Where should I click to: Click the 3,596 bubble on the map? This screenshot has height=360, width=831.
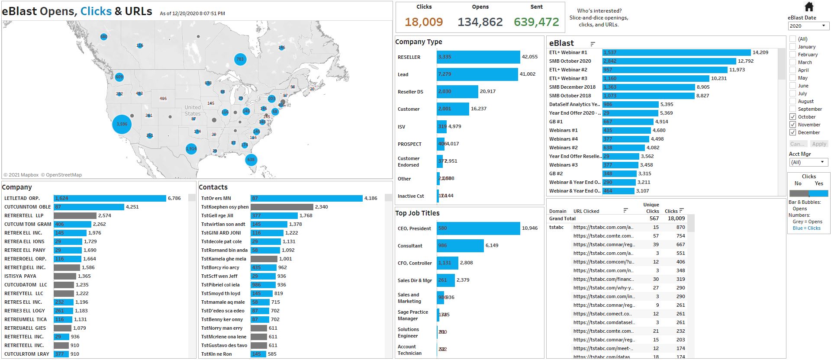click(x=122, y=124)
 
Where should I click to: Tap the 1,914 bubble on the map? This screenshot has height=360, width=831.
click(x=191, y=149)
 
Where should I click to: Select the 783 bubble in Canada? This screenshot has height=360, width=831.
click(x=240, y=59)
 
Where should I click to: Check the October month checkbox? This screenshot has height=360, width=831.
click(x=792, y=117)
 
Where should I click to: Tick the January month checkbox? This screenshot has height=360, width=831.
click(x=792, y=47)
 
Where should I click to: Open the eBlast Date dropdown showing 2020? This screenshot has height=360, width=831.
click(x=808, y=26)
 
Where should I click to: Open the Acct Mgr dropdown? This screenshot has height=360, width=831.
click(x=808, y=162)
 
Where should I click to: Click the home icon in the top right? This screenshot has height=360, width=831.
click(x=809, y=7)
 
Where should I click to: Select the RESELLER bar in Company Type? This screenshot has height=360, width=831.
click(x=478, y=57)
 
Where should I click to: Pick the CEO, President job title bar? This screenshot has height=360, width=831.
click(x=478, y=228)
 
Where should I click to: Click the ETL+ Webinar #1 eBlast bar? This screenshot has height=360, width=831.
click(x=676, y=52)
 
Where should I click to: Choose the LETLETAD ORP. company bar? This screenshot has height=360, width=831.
click(x=110, y=198)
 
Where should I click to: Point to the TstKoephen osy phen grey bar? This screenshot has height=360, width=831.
click(x=282, y=207)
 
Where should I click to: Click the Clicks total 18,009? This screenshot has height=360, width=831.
click(x=424, y=22)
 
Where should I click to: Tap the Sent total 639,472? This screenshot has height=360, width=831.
click(x=536, y=22)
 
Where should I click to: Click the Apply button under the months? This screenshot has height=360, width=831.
click(x=819, y=144)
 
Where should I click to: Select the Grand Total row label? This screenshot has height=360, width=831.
click(x=562, y=219)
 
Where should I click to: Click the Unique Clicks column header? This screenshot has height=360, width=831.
click(x=651, y=208)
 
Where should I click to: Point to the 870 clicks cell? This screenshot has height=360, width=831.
click(x=680, y=227)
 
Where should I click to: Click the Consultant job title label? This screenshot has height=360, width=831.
click(x=410, y=246)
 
